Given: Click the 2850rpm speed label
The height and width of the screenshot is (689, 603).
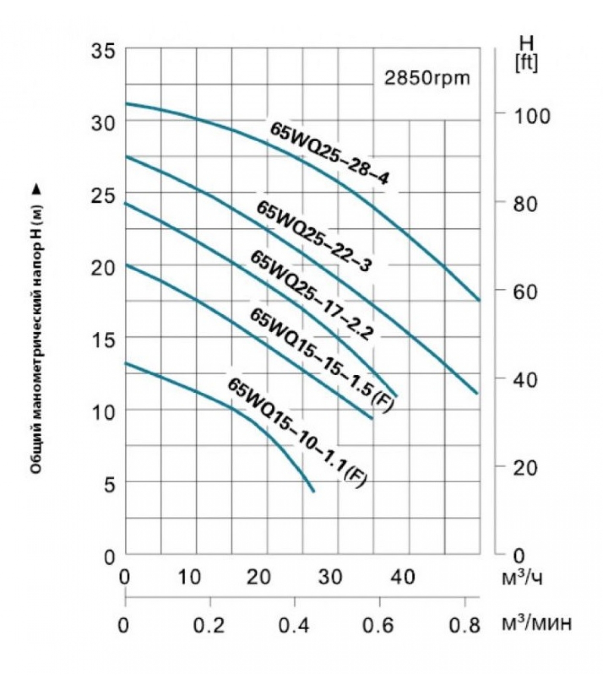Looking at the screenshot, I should pos(427,79).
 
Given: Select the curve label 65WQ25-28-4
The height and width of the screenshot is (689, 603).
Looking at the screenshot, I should pos(329,154).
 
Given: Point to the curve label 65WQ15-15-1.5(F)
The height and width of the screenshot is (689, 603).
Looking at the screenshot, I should pos(321,360).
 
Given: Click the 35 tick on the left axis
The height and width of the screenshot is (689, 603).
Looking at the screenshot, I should pos(103,51).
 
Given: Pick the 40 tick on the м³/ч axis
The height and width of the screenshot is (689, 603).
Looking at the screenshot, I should pos(403,577).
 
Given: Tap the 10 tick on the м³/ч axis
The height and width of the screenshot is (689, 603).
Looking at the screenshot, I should pos(190,577).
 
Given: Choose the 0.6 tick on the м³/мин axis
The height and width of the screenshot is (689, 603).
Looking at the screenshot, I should pos(379,625).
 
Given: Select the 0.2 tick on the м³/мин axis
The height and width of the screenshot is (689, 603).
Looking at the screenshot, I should pos(209,625).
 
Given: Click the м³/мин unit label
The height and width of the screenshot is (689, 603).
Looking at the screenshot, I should pos(537,624).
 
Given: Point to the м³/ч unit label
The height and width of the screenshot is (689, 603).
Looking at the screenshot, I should pos(522,577).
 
